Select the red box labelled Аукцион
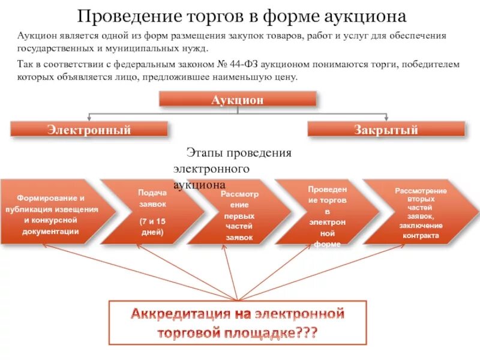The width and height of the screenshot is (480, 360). (x=238, y=99)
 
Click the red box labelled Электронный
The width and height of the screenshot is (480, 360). (x=89, y=129)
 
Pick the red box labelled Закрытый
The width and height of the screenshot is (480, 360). (x=386, y=129)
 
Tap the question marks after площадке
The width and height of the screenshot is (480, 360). (x=304, y=334)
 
